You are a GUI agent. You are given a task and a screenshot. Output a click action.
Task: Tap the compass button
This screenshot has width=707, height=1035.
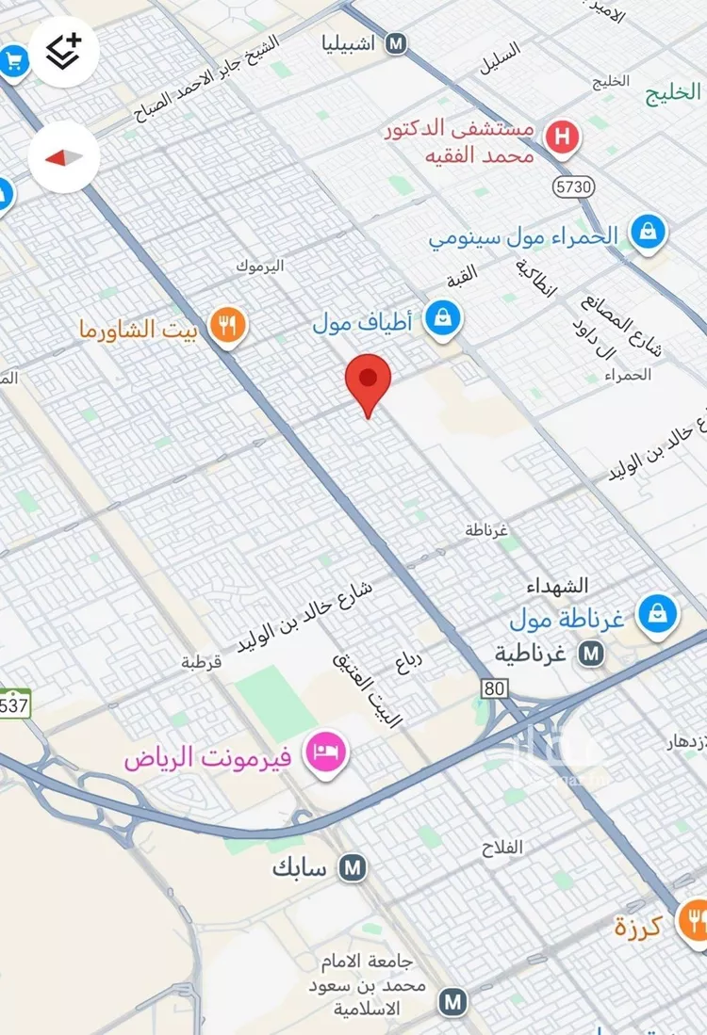(64, 158)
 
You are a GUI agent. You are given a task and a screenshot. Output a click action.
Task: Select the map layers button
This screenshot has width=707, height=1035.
(64, 51)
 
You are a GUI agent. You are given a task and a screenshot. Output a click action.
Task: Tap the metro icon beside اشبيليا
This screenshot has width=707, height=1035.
(397, 43)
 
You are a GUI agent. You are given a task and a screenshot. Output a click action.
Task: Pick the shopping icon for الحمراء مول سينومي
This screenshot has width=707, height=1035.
(648, 231)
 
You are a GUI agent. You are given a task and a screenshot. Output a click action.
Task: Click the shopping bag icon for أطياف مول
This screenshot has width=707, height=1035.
(442, 318)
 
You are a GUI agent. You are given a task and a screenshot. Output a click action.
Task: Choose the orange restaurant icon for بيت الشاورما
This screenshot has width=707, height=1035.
(226, 327)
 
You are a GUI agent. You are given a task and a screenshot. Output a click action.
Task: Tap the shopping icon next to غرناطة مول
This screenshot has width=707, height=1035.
(656, 615)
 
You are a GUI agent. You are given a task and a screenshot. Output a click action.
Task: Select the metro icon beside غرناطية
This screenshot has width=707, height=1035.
(592, 652)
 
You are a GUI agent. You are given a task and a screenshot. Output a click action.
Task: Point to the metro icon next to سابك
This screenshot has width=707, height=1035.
(353, 867)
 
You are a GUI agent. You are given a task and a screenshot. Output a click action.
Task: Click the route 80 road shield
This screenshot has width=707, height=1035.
(494, 688)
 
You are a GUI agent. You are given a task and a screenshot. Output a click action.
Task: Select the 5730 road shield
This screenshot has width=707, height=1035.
(573, 186)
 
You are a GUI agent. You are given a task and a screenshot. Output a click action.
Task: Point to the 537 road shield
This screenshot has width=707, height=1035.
(13, 703)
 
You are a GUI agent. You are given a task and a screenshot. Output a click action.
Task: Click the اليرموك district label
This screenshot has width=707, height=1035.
(260, 267)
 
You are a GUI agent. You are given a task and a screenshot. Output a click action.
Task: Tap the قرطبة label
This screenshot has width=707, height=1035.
(201, 662)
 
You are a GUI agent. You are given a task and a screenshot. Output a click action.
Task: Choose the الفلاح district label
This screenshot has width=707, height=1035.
(501, 849)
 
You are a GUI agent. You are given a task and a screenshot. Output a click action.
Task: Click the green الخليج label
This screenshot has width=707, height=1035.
(674, 91)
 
